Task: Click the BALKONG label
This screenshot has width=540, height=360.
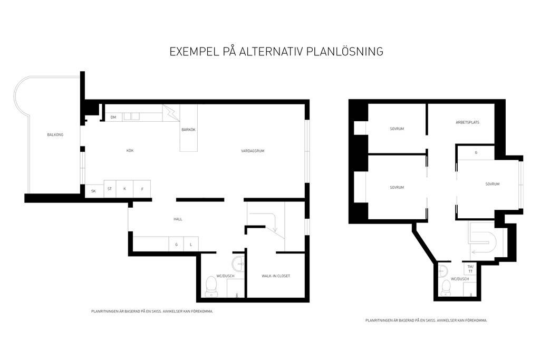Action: click(x=55, y=134)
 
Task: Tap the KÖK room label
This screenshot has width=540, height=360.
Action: click(x=130, y=150)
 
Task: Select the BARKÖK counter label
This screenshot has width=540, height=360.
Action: click(x=188, y=130)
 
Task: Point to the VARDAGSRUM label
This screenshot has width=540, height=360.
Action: click(x=253, y=151)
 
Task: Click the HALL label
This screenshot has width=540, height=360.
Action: click(x=178, y=219)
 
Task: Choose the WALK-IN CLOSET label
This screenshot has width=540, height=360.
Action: click(x=275, y=276)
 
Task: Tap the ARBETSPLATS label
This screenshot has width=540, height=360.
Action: click(x=467, y=122)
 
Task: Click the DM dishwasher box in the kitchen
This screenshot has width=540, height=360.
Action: click(x=114, y=117)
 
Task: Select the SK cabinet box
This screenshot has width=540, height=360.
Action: click(x=94, y=191)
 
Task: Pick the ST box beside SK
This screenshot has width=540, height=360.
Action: click(x=110, y=189)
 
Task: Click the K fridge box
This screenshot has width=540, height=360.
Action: click(x=124, y=189)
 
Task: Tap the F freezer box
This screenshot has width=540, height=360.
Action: click(x=142, y=189)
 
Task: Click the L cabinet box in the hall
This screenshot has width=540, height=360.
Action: click(x=191, y=244)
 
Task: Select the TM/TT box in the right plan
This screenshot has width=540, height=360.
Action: click(x=470, y=269)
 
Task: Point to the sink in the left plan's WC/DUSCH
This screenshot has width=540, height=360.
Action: click(x=238, y=264)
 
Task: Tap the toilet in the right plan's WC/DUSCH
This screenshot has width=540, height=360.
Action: click(x=446, y=288)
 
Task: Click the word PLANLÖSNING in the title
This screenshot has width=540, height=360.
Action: click(x=345, y=51)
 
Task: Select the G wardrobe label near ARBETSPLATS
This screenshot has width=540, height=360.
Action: click(x=476, y=152)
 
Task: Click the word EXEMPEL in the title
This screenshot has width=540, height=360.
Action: click(x=195, y=51)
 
